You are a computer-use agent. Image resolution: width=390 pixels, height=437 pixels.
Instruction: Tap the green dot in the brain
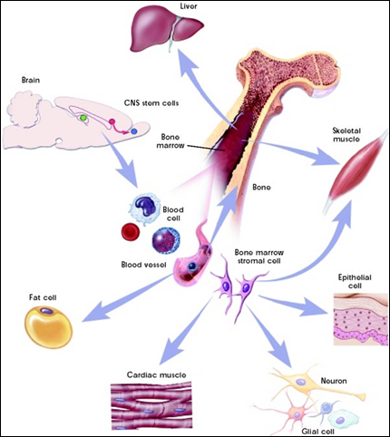point(83,118)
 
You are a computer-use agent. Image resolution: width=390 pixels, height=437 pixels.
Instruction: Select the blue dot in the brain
point(134,131)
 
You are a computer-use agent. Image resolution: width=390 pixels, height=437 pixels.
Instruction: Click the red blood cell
point(131,232)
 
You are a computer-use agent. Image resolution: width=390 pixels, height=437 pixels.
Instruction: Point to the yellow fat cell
point(48,326)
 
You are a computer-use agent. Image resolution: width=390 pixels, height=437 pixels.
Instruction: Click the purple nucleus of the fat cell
point(46,311)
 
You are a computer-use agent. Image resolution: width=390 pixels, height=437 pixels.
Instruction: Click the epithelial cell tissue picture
point(360,319)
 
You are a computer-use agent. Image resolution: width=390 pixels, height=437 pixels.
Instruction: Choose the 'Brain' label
point(31,81)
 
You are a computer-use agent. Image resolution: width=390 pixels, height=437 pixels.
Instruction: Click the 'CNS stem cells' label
point(151,103)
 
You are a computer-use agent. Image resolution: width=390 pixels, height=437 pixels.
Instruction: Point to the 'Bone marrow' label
point(171,141)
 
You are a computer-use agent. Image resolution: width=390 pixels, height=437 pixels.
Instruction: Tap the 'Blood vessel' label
point(143,265)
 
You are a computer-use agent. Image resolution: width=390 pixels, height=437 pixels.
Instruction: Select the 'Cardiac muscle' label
point(156,375)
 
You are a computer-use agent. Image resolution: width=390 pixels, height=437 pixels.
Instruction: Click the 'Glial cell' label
point(317,432)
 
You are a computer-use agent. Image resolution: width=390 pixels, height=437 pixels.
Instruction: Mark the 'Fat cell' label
point(43,297)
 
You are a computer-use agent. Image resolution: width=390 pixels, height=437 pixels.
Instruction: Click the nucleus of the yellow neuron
point(301,383)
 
